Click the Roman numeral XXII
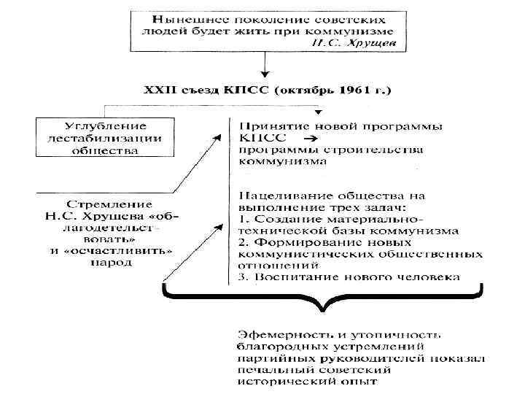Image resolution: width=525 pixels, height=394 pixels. click(158, 91)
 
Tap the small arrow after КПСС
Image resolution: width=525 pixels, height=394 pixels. click(308, 138)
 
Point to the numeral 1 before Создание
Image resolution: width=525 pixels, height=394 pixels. click(242, 218)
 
